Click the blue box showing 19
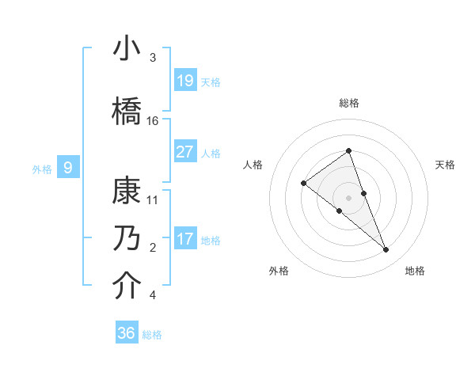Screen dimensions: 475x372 pyautogui.click(x=185, y=81)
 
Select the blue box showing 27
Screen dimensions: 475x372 pyautogui.click(x=185, y=152)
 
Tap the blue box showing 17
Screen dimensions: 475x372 pyautogui.click(x=185, y=239)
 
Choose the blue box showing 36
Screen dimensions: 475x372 pyautogui.click(x=127, y=333)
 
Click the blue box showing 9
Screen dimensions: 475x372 pyautogui.click(x=68, y=167)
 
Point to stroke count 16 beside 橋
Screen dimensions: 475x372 pyautogui.click(x=153, y=120)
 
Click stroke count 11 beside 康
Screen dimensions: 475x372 pyautogui.click(x=153, y=200)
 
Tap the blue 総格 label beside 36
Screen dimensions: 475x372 pyautogui.click(x=152, y=335)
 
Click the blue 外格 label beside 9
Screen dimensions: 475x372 pyautogui.click(x=41, y=169)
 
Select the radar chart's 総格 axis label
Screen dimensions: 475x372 pyautogui.click(x=348, y=103)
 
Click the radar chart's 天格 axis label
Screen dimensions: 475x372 pyautogui.click(x=446, y=165)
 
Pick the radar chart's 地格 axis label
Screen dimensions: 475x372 pyautogui.click(x=415, y=271)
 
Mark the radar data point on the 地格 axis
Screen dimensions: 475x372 pyautogui.click(x=386, y=250)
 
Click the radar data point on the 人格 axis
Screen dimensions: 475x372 pyautogui.click(x=304, y=184)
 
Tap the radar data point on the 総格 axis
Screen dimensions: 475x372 pyautogui.click(x=348, y=151)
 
